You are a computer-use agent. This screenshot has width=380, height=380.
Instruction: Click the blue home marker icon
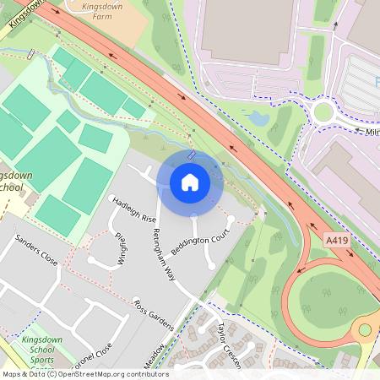[190, 182]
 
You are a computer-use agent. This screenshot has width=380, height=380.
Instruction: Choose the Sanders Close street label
[36, 252]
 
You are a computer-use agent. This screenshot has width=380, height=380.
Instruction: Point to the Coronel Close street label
[91, 356]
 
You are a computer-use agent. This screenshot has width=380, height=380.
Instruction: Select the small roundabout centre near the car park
[323, 111]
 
